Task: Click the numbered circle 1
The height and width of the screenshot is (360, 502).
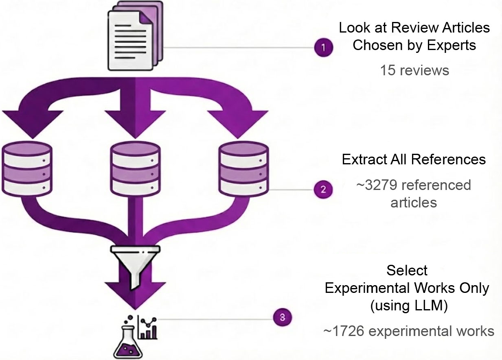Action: tap(323, 48)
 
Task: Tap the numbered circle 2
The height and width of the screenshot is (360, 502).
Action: tap(323, 190)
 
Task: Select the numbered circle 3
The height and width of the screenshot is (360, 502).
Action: tap(283, 317)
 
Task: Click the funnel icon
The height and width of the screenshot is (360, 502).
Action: tap(136, 264)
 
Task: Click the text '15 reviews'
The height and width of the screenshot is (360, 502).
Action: tap(414, 70)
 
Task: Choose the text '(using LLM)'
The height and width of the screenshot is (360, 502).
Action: tap(408, 305)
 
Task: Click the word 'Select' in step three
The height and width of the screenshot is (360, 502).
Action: tap(407, 270)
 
